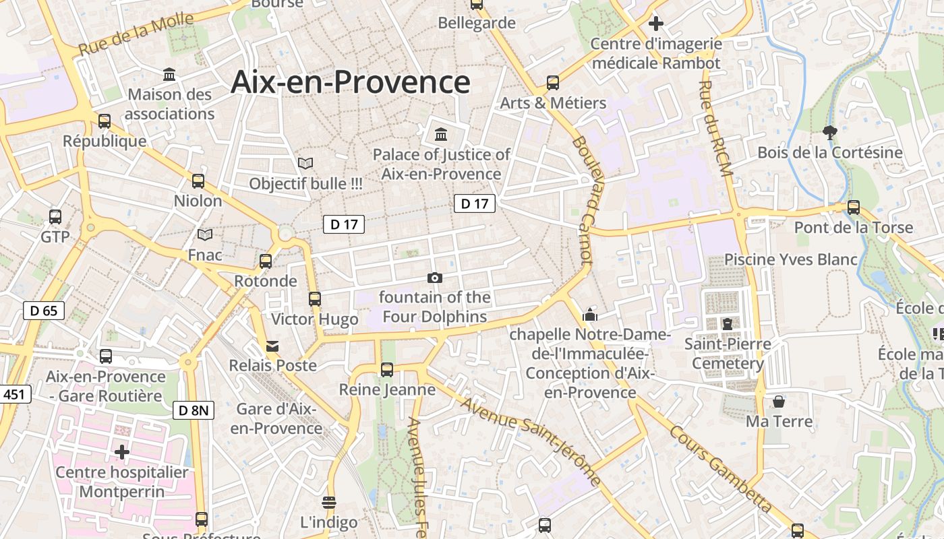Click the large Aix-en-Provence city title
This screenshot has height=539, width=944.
pyautogui.click(x=350, y=82)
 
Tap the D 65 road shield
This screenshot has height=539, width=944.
pyautogui.click(x=44, y=311)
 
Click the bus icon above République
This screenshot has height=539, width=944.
pyautogui.click(x=105, y=121)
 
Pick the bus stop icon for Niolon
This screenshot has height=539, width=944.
pyautogui.click(x=198, y=181)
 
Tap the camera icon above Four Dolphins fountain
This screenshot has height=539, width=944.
pyautogui.click(x=435, y=278)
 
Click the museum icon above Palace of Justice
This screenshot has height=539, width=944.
pyautogui.click(x=441, y=134)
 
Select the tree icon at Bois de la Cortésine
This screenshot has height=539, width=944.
pyautogui.click(x=829, y=133)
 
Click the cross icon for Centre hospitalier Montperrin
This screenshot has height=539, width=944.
pyautogui.click(x=122, y=451)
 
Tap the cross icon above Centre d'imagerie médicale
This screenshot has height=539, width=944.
pyautogui.click(x=655, y=24)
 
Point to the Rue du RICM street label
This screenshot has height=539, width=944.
pyautogui.click(x=715, y=129)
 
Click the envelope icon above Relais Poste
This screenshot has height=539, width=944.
pyautogui.click(x=272, y=346)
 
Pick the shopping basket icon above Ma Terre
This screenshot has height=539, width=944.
pyautogui.click(x=779, y=402)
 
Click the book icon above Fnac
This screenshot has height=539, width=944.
pyautogui.click(x=205, y=234)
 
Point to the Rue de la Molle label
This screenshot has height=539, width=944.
pyautogui.click(x=136, y=35)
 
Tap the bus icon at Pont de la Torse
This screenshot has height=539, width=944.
pyautogui.click(x=854, y=208)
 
